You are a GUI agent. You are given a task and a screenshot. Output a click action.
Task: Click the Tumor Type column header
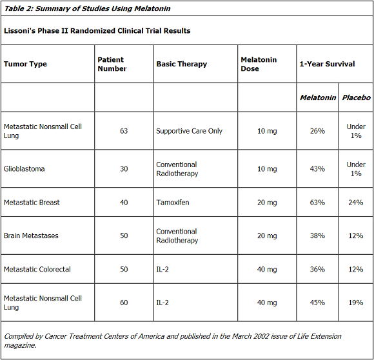(x=25, y=64)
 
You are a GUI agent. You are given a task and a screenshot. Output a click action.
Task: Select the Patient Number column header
(x=112, y=64)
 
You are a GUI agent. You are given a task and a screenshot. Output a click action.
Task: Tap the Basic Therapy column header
(x=181, y=64)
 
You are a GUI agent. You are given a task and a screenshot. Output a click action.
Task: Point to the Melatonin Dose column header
(x=259, y=64)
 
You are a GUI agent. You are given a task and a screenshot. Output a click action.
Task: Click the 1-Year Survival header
(x=327, y=64)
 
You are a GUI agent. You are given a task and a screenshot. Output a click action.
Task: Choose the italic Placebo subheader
(x=357, y=97)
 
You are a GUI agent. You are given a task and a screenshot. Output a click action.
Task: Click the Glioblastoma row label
(x=24, y=168)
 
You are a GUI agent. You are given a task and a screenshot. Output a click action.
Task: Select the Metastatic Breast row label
(x=32, y=203)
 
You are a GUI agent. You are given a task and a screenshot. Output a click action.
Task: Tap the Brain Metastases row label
(x=31, y=235)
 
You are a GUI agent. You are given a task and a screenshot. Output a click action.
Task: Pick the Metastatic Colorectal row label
(x=37, y=269)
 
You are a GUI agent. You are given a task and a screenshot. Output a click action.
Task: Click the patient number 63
(x=124, y=131)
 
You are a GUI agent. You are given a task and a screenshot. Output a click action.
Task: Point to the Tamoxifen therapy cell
(x=173, y=203)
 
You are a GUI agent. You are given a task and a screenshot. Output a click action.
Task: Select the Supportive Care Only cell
(x=189, y=131)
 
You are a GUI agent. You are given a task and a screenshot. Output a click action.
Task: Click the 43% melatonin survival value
(x=317, y=168)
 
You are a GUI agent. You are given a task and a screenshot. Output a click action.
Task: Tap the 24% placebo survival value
(x=356, y=203)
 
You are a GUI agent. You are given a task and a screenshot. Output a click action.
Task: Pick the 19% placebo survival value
(x=356, y=303)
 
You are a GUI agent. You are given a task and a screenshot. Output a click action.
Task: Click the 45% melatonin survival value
(x=317, y=303)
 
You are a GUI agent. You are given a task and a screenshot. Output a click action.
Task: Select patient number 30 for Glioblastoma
(x=124, y=168)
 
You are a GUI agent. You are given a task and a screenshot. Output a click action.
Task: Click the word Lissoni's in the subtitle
(x=19, y=31)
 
